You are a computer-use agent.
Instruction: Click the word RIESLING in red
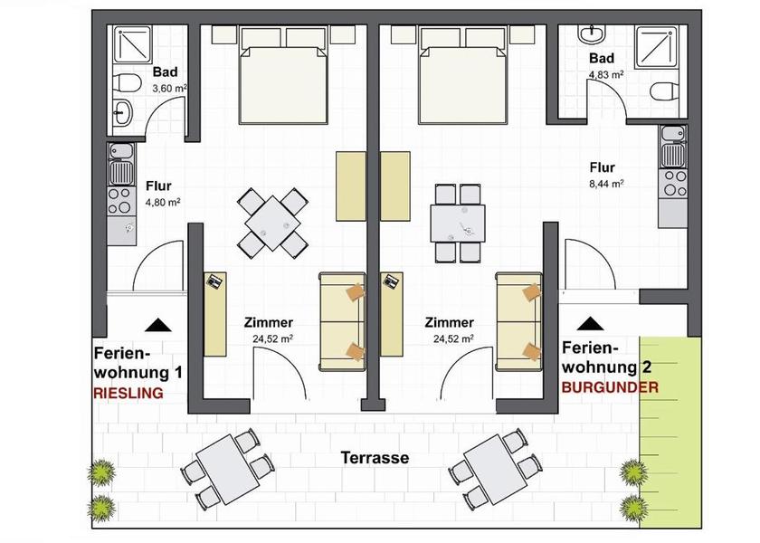128,393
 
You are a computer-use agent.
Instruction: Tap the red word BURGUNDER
610,387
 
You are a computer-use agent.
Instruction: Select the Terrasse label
375,458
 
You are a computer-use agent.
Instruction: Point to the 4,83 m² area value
606,74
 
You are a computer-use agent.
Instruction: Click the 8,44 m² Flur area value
606,184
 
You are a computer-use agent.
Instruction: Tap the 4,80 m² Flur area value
164,202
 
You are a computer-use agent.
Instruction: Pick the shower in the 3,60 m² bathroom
132,44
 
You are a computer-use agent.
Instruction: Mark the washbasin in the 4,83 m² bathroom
592,33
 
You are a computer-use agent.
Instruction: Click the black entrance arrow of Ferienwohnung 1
158,325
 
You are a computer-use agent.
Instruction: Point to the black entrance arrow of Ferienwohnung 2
590,323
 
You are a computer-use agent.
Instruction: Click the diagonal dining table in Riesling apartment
272,223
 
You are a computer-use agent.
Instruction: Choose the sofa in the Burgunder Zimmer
518,321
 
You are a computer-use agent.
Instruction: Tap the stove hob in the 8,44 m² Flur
673,183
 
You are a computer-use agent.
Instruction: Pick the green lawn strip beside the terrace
670,432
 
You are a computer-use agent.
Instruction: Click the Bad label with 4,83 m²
602,58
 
